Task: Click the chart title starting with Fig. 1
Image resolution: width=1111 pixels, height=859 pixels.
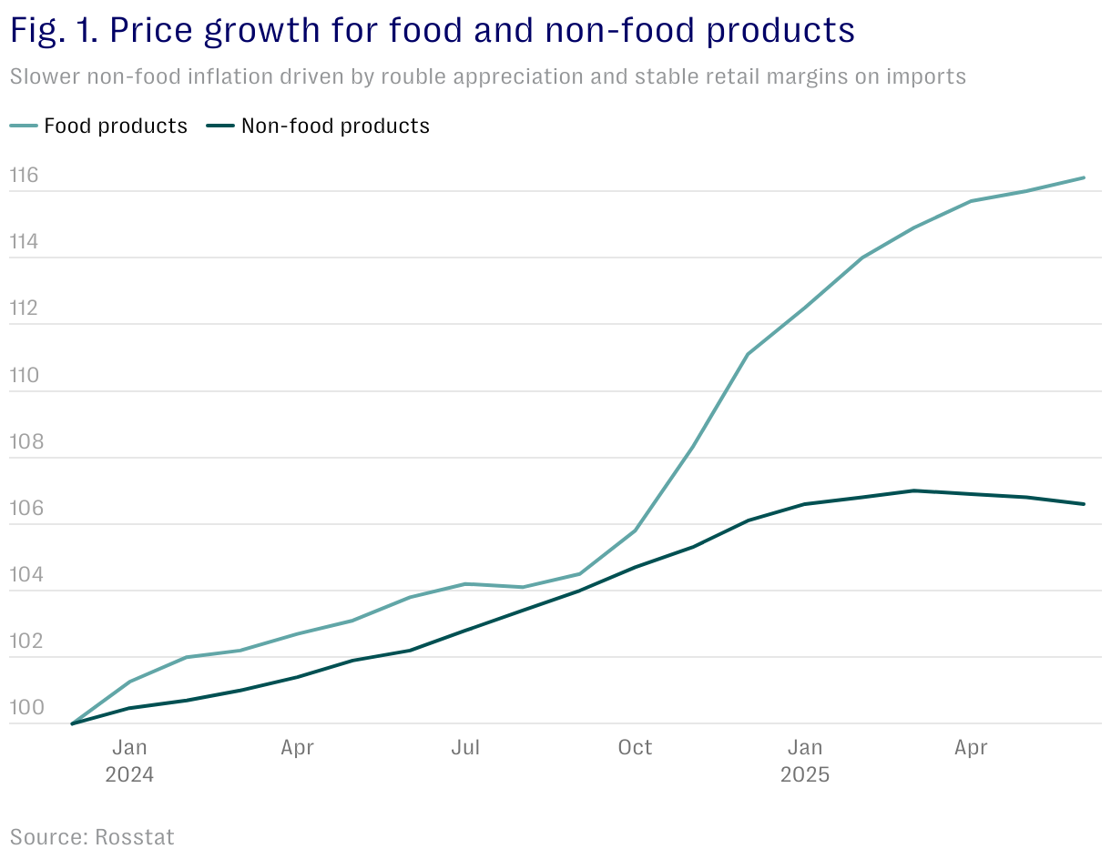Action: pos(432,32)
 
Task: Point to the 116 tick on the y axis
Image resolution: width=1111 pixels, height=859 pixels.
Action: pos(25,176)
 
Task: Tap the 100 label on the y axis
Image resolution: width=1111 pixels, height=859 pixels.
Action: pos(25,708)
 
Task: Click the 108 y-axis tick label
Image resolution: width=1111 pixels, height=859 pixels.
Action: pos(25,442)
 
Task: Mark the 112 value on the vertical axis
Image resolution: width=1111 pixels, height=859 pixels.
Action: pos(25,308)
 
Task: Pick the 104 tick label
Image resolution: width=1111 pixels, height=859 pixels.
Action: pos(25,575)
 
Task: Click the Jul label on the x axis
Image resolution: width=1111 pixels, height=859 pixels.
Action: pos(465,748)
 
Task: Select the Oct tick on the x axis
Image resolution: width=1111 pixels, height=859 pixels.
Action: pos(635,748)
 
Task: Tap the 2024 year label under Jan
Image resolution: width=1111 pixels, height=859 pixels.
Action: pos(129,776)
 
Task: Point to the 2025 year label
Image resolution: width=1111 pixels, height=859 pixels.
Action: pos(805,776)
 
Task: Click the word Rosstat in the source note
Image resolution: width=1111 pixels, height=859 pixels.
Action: pos(134,836)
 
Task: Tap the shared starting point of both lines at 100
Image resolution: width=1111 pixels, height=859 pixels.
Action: pos(72,724)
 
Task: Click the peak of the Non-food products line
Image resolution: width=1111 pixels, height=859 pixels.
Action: pos(913,490)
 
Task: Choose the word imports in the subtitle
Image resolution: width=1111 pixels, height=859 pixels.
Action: pos(925,76)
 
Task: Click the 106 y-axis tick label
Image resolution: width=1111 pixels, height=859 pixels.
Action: pos(25,509)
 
